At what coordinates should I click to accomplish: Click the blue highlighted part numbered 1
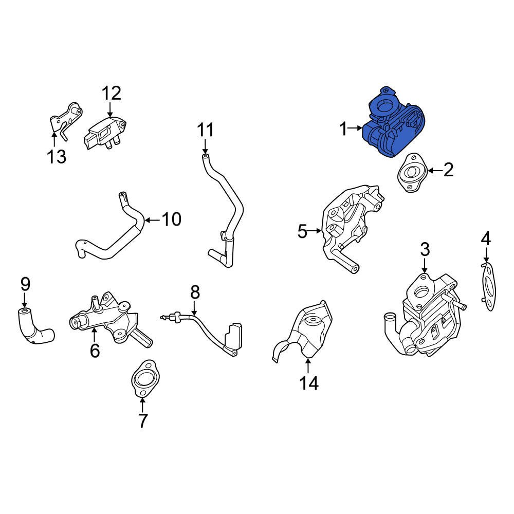393,124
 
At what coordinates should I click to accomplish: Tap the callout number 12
112,94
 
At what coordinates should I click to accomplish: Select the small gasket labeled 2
412,172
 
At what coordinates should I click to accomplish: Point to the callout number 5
302,231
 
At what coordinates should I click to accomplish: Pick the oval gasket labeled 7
145,379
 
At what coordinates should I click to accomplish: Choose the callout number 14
309,382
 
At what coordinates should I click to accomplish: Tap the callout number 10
172,219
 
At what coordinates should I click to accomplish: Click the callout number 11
205,130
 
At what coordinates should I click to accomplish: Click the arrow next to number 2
435,171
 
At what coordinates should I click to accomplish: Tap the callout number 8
195,292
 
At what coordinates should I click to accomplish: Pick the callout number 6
95,351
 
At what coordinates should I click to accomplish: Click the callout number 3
425,250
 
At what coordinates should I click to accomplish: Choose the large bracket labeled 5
353,226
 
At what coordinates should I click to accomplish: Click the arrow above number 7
142,405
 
